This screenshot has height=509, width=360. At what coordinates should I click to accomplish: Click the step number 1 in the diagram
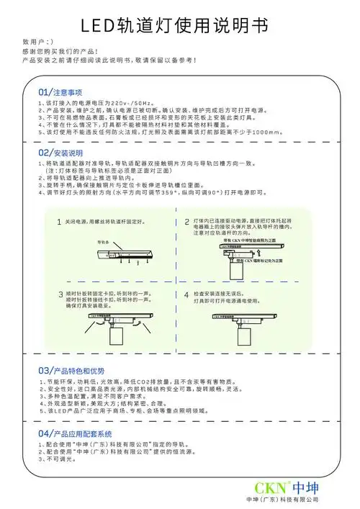pyautogui.click(x=59, y=201)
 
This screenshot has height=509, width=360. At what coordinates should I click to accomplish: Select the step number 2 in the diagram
pyautogui.click(x=186, y=201)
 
